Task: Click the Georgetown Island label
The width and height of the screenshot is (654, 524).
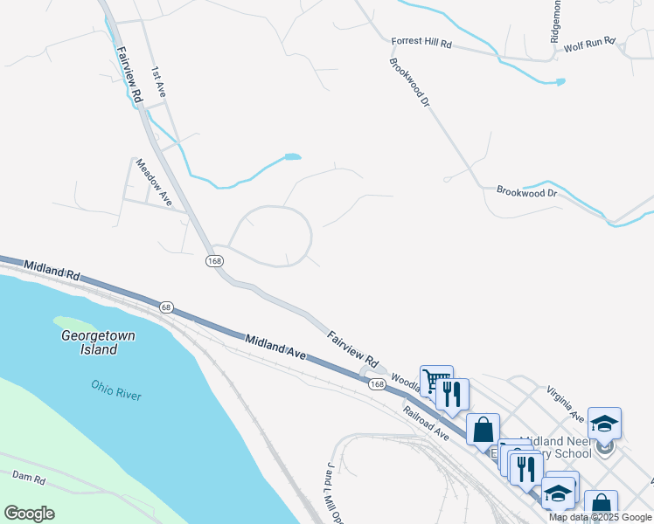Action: coord(88,342)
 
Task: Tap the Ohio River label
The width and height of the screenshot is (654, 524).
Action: coord(116,390)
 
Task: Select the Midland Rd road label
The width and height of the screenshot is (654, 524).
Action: coord(52,270)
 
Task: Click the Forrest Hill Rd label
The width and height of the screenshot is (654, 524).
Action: coord(421,42)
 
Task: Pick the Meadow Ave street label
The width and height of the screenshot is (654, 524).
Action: coord(154,182)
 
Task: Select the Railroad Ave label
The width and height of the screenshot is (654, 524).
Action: coord(426,423)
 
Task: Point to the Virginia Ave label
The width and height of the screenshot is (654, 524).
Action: coord(565,399)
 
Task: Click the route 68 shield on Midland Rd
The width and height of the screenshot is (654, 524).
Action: coord(167,307)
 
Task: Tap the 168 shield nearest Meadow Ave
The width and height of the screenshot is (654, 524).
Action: coord(214,261)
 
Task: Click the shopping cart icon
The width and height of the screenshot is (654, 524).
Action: coord(436,381)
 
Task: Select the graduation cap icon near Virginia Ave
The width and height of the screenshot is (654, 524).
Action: coord(604,424)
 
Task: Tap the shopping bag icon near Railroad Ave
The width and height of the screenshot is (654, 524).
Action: coord(483,429)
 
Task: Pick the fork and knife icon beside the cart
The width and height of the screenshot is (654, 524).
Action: coord(453,394)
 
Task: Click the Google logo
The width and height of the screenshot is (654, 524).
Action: coord(29,514)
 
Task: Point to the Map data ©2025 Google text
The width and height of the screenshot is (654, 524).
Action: coord(601,517)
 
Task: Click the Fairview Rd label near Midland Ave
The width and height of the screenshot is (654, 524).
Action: coord(352,348)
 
